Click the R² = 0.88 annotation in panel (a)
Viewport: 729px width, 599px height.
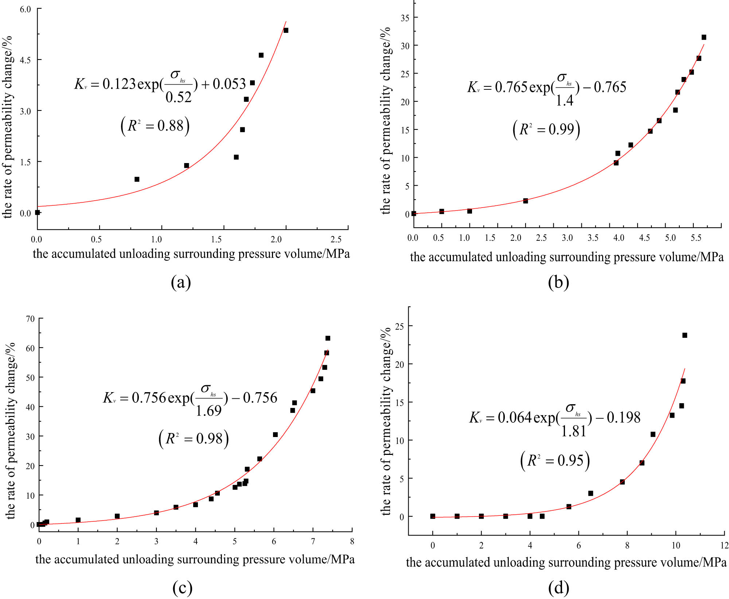[155, 126]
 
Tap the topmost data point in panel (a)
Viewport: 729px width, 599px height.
[286, 30]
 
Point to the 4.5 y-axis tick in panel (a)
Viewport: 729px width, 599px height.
[26, 60]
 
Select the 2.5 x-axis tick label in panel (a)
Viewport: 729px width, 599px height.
[336, 239]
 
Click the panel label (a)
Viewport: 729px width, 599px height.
[181, 282]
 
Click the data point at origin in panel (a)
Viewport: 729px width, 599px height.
[37, 212]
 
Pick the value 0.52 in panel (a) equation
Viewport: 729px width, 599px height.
[178, 97]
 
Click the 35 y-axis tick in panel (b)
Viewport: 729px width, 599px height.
[405, 18]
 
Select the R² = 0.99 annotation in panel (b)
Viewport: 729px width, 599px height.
[546, 130]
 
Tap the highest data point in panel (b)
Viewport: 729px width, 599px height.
[704, 37]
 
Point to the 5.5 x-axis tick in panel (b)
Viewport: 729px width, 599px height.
[696, 238]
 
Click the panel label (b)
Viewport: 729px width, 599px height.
[558, 282]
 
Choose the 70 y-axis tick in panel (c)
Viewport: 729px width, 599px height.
[30, 319]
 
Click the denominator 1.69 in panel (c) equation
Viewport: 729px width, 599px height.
[208, 411]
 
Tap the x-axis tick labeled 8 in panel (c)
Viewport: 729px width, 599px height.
[352, 541]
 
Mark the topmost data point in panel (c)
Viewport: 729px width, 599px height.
[328, 338]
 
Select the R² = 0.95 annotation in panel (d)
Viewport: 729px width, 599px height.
[555, 461]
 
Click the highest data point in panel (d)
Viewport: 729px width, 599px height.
[685, 335]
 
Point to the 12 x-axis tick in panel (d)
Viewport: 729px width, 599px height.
[724, 545]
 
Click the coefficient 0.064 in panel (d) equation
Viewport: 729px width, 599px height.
[514, 418]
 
